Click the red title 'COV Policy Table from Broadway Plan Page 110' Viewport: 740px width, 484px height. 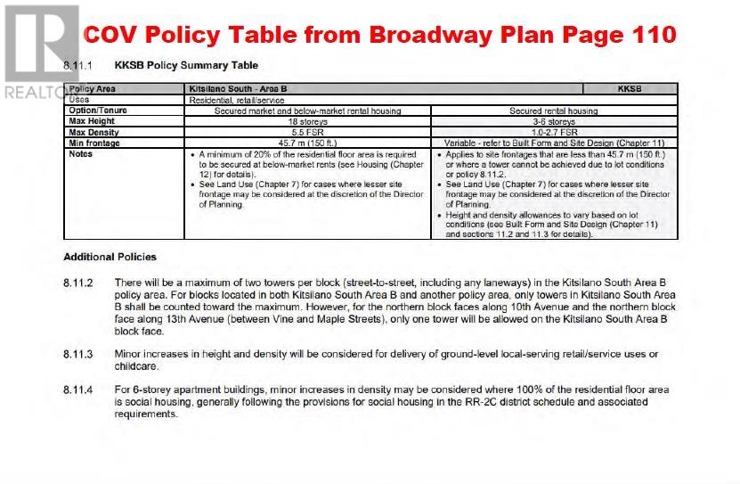378,35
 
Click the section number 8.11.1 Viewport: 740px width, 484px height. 78,66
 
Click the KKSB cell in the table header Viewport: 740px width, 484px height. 629,89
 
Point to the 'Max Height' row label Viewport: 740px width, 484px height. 92,121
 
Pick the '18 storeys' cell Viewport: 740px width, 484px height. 307,121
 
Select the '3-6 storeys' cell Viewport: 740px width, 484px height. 554,121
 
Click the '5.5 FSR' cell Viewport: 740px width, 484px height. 307,132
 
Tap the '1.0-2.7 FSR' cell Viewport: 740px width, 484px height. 554,132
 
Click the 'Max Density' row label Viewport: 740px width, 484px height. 94,132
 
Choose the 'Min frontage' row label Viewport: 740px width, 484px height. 94,143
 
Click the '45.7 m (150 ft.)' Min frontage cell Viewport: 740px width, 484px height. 307,143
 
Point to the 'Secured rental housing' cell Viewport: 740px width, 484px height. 554,111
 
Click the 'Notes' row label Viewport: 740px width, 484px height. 81,153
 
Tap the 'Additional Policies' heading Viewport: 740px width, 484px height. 110,257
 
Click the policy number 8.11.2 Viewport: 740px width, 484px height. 78,282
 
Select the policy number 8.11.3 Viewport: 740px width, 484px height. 78,354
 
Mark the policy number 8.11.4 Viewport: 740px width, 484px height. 78,390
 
